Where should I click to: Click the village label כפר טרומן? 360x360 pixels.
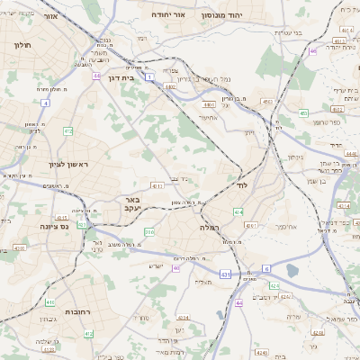329,121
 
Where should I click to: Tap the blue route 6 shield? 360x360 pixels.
266,269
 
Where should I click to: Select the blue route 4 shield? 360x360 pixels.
45,103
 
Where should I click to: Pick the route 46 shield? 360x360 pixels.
313,52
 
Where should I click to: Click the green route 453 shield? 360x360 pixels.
303,113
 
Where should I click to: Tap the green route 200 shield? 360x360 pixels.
148,233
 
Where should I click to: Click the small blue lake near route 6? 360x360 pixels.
291,269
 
